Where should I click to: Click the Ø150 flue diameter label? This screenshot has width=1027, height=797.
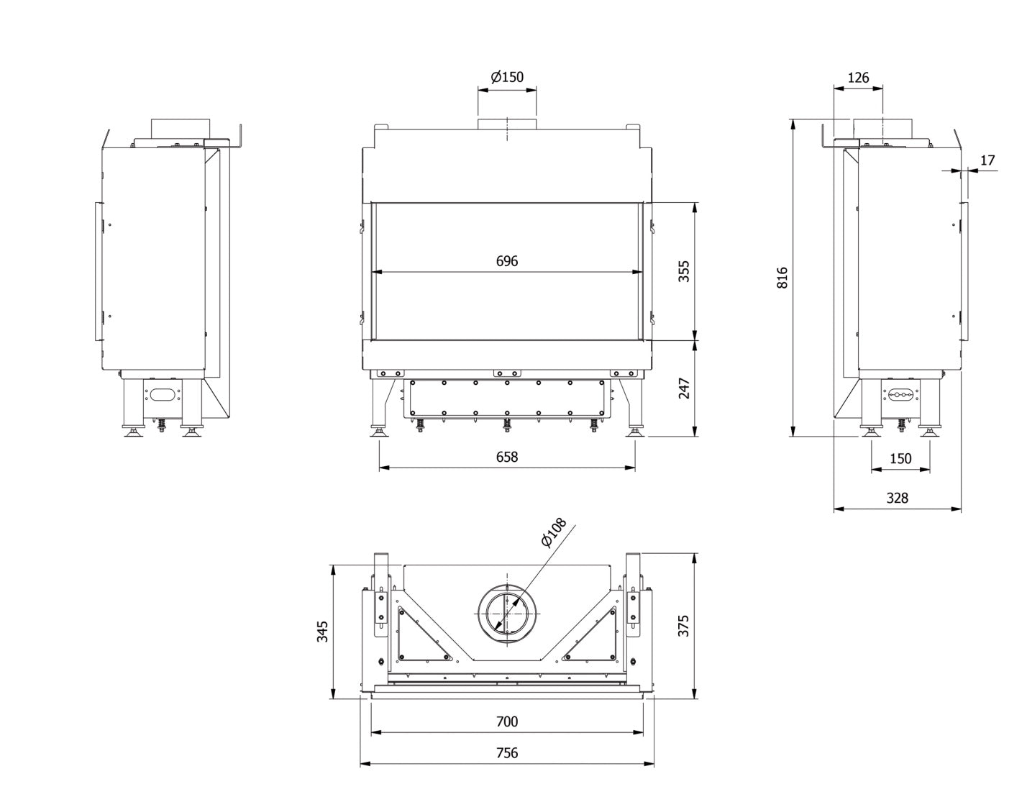(507, 77)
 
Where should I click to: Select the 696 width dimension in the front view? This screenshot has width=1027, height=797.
(507, 260)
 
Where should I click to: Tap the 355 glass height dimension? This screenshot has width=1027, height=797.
(684, 270)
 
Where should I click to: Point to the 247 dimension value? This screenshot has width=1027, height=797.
(684, 388)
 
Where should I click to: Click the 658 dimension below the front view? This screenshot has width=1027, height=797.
(507, 456)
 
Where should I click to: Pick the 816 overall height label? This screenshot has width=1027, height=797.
(782, 278)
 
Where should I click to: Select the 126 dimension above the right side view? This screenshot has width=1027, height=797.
(858, 78)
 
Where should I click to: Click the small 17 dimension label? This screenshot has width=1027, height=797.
(987, 160)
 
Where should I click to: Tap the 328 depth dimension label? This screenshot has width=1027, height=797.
(897, 498)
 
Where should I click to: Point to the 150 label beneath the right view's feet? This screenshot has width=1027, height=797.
(900, 458)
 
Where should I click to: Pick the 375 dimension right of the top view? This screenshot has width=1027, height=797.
(684, 625)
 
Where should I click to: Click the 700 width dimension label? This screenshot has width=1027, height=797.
(507, 721)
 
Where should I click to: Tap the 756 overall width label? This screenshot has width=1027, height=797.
(507, 753)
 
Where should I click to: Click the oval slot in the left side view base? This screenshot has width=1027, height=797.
(164, 394)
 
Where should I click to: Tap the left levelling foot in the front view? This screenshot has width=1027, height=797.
(378, 432)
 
